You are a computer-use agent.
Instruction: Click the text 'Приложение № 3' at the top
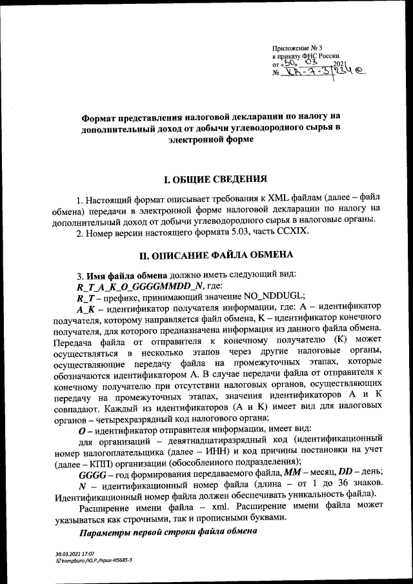(x=297, y=48)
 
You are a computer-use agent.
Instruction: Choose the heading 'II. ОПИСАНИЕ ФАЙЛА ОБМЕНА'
(x=206, y=254)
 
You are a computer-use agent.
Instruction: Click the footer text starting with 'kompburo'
(x=94, y=561)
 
